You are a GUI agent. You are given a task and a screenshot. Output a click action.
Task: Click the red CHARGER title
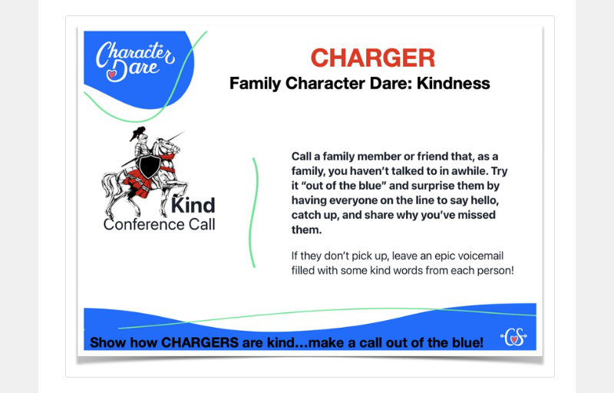(373, 58)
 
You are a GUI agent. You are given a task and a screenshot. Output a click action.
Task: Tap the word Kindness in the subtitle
(453, 84)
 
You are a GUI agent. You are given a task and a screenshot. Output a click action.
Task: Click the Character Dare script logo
(135, 61)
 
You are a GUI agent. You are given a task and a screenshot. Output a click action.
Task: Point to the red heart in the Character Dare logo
(112, 74)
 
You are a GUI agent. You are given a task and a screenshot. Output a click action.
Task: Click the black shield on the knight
(149, 166)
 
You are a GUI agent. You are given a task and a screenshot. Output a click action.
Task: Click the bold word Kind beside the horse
(193, 206)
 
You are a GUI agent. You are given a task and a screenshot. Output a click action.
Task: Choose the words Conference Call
(160, 225)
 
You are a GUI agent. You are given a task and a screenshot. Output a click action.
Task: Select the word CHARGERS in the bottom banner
(200, 342)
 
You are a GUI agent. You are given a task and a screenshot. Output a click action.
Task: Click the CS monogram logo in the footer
(513, 337)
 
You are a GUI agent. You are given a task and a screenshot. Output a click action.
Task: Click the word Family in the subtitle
(256, 84)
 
